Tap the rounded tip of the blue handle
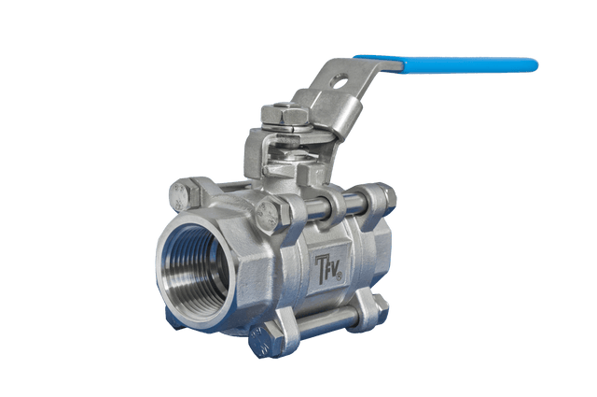coord(535,65)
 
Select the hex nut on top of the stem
coord(285,113)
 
